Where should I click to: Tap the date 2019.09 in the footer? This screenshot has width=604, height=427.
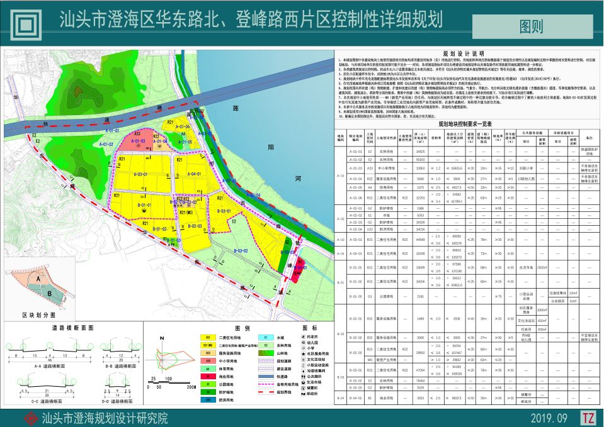click(549, 418)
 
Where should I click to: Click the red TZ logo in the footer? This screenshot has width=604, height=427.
click(588, 418)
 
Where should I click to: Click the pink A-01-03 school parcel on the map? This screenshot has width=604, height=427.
click(138, 141)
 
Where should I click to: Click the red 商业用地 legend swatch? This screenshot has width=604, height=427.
click(207, 375)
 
